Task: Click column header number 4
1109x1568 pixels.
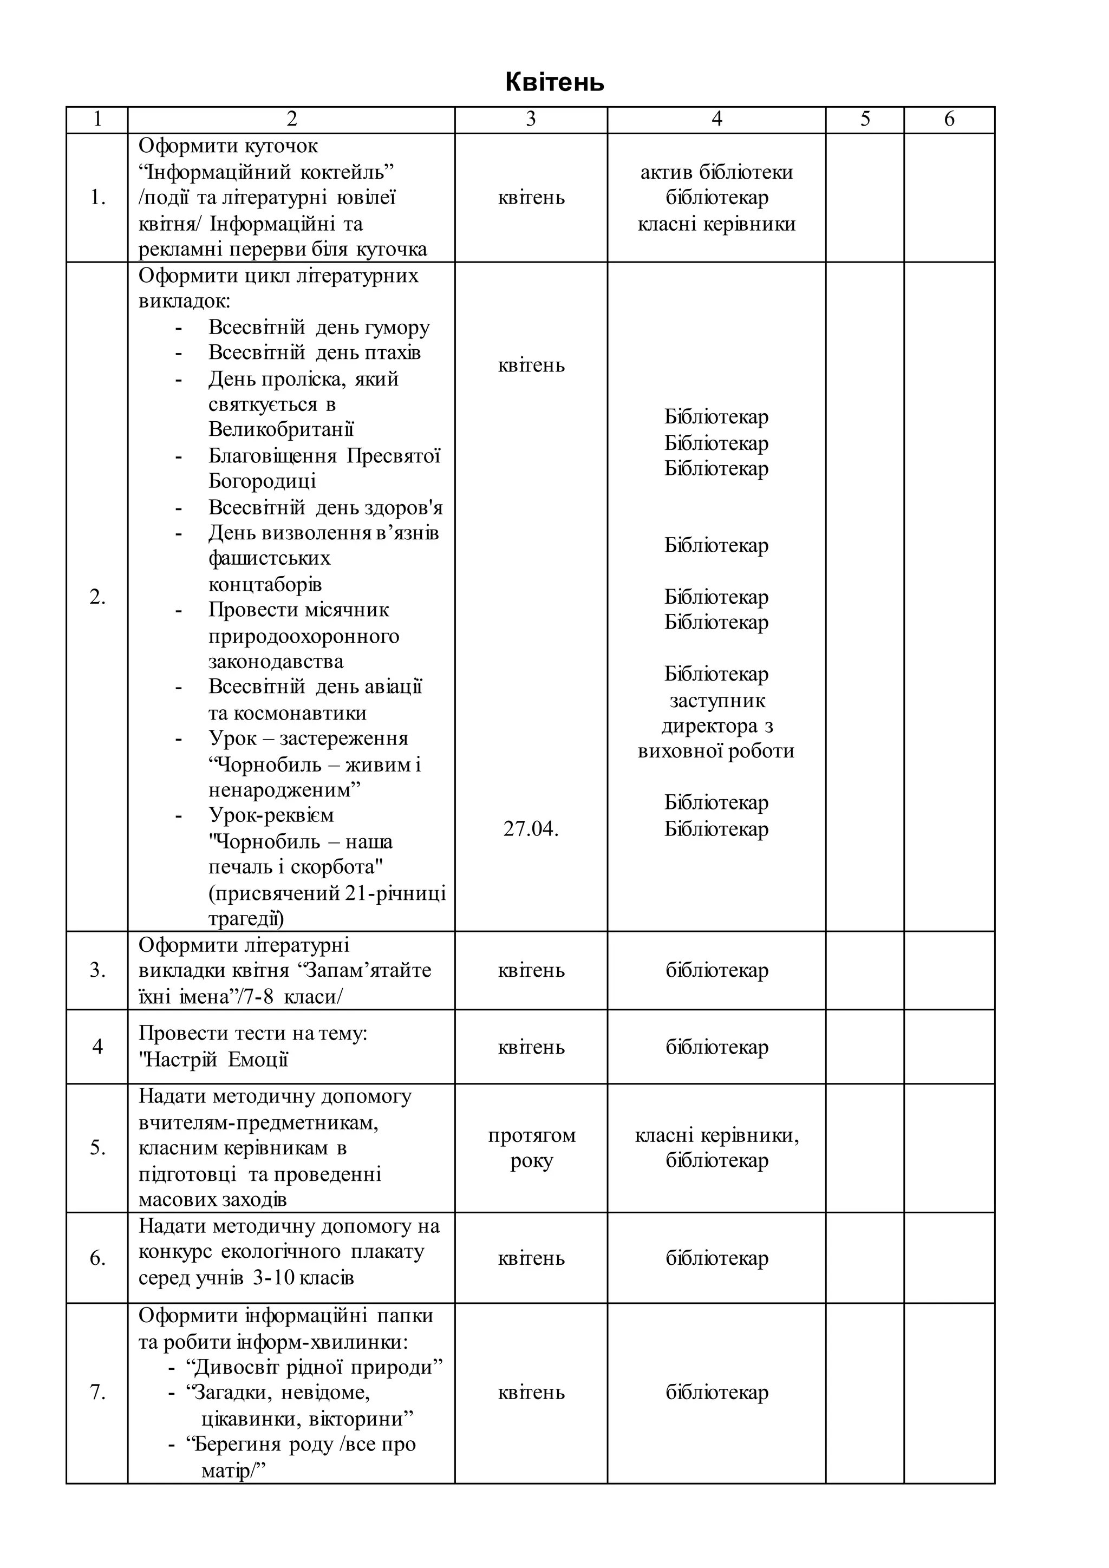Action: click(x=716, y=120)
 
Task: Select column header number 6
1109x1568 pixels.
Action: click(x=949, y=120)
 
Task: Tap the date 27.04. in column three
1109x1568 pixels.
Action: click(x=531, y=829)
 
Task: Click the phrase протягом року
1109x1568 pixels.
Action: click(x=531, y=1148)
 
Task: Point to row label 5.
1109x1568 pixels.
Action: click(x=97, y=1148)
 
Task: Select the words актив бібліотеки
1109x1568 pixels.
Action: click(x=716, y=172)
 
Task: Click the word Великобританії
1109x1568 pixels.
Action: click(x=282, y=429)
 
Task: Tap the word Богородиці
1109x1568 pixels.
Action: click(x=262, y=481)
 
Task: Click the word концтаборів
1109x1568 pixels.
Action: click(x=265, y=585)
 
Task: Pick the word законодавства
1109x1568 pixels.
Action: click(x=276, y=662)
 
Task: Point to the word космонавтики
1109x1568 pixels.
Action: click(x=288, y=713)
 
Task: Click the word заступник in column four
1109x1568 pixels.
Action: click(x=717, y=701)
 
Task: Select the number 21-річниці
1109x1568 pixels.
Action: click(x=395, y=893)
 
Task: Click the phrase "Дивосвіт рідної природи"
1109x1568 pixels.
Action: click(x=315, y=1368)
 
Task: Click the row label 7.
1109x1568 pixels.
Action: click(x=97, y=1393)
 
